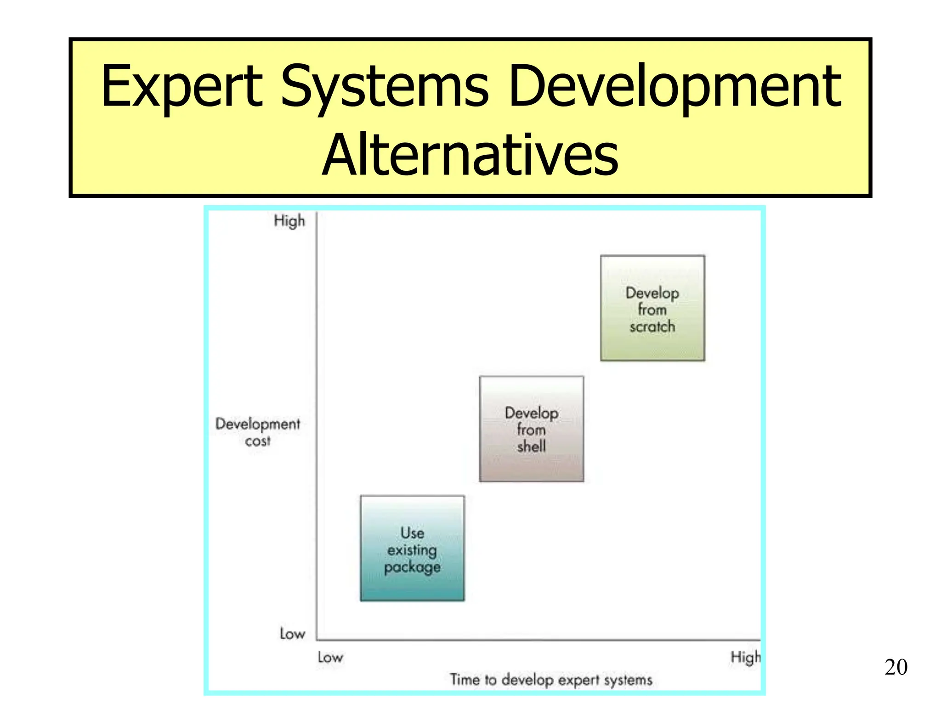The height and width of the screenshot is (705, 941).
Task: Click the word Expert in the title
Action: click(181, 87)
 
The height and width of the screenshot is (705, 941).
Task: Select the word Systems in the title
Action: click(385, 87)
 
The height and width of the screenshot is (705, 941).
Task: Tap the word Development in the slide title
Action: click(675, 87)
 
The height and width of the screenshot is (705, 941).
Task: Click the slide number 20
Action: click(896, 667)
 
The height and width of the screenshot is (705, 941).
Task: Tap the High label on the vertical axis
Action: click(289, 221)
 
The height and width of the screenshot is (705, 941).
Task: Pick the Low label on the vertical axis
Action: click(292, 634)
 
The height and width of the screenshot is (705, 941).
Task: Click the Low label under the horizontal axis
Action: click(330, 657)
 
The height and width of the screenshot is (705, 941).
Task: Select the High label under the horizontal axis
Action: click(745, 658)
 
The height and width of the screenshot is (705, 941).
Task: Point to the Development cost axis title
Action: click(258, 431)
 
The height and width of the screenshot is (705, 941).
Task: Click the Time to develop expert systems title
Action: click(551, 679)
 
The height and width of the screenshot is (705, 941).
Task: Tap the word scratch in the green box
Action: click(652, 327)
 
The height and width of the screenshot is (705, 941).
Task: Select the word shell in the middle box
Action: click(532, 446)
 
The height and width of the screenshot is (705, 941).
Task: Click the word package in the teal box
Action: click(412, 568)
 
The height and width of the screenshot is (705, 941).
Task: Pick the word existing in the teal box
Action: click(412, 550)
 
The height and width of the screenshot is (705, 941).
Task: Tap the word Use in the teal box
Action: click(412, 533)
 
